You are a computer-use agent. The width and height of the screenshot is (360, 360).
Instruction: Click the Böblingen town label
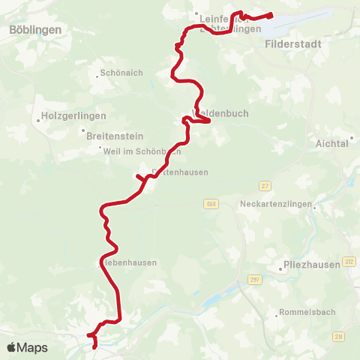(35, 29)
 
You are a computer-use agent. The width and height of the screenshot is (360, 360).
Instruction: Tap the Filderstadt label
(293, 44)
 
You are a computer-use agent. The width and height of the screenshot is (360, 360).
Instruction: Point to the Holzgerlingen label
(73, 116)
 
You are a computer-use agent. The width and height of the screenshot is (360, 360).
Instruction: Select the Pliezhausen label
(301, 264)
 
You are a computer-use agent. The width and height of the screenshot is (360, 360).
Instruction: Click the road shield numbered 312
(349, 261)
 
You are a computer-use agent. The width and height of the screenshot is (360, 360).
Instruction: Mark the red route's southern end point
(94, 347)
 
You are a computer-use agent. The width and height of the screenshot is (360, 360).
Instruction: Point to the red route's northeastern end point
(270, 13)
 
